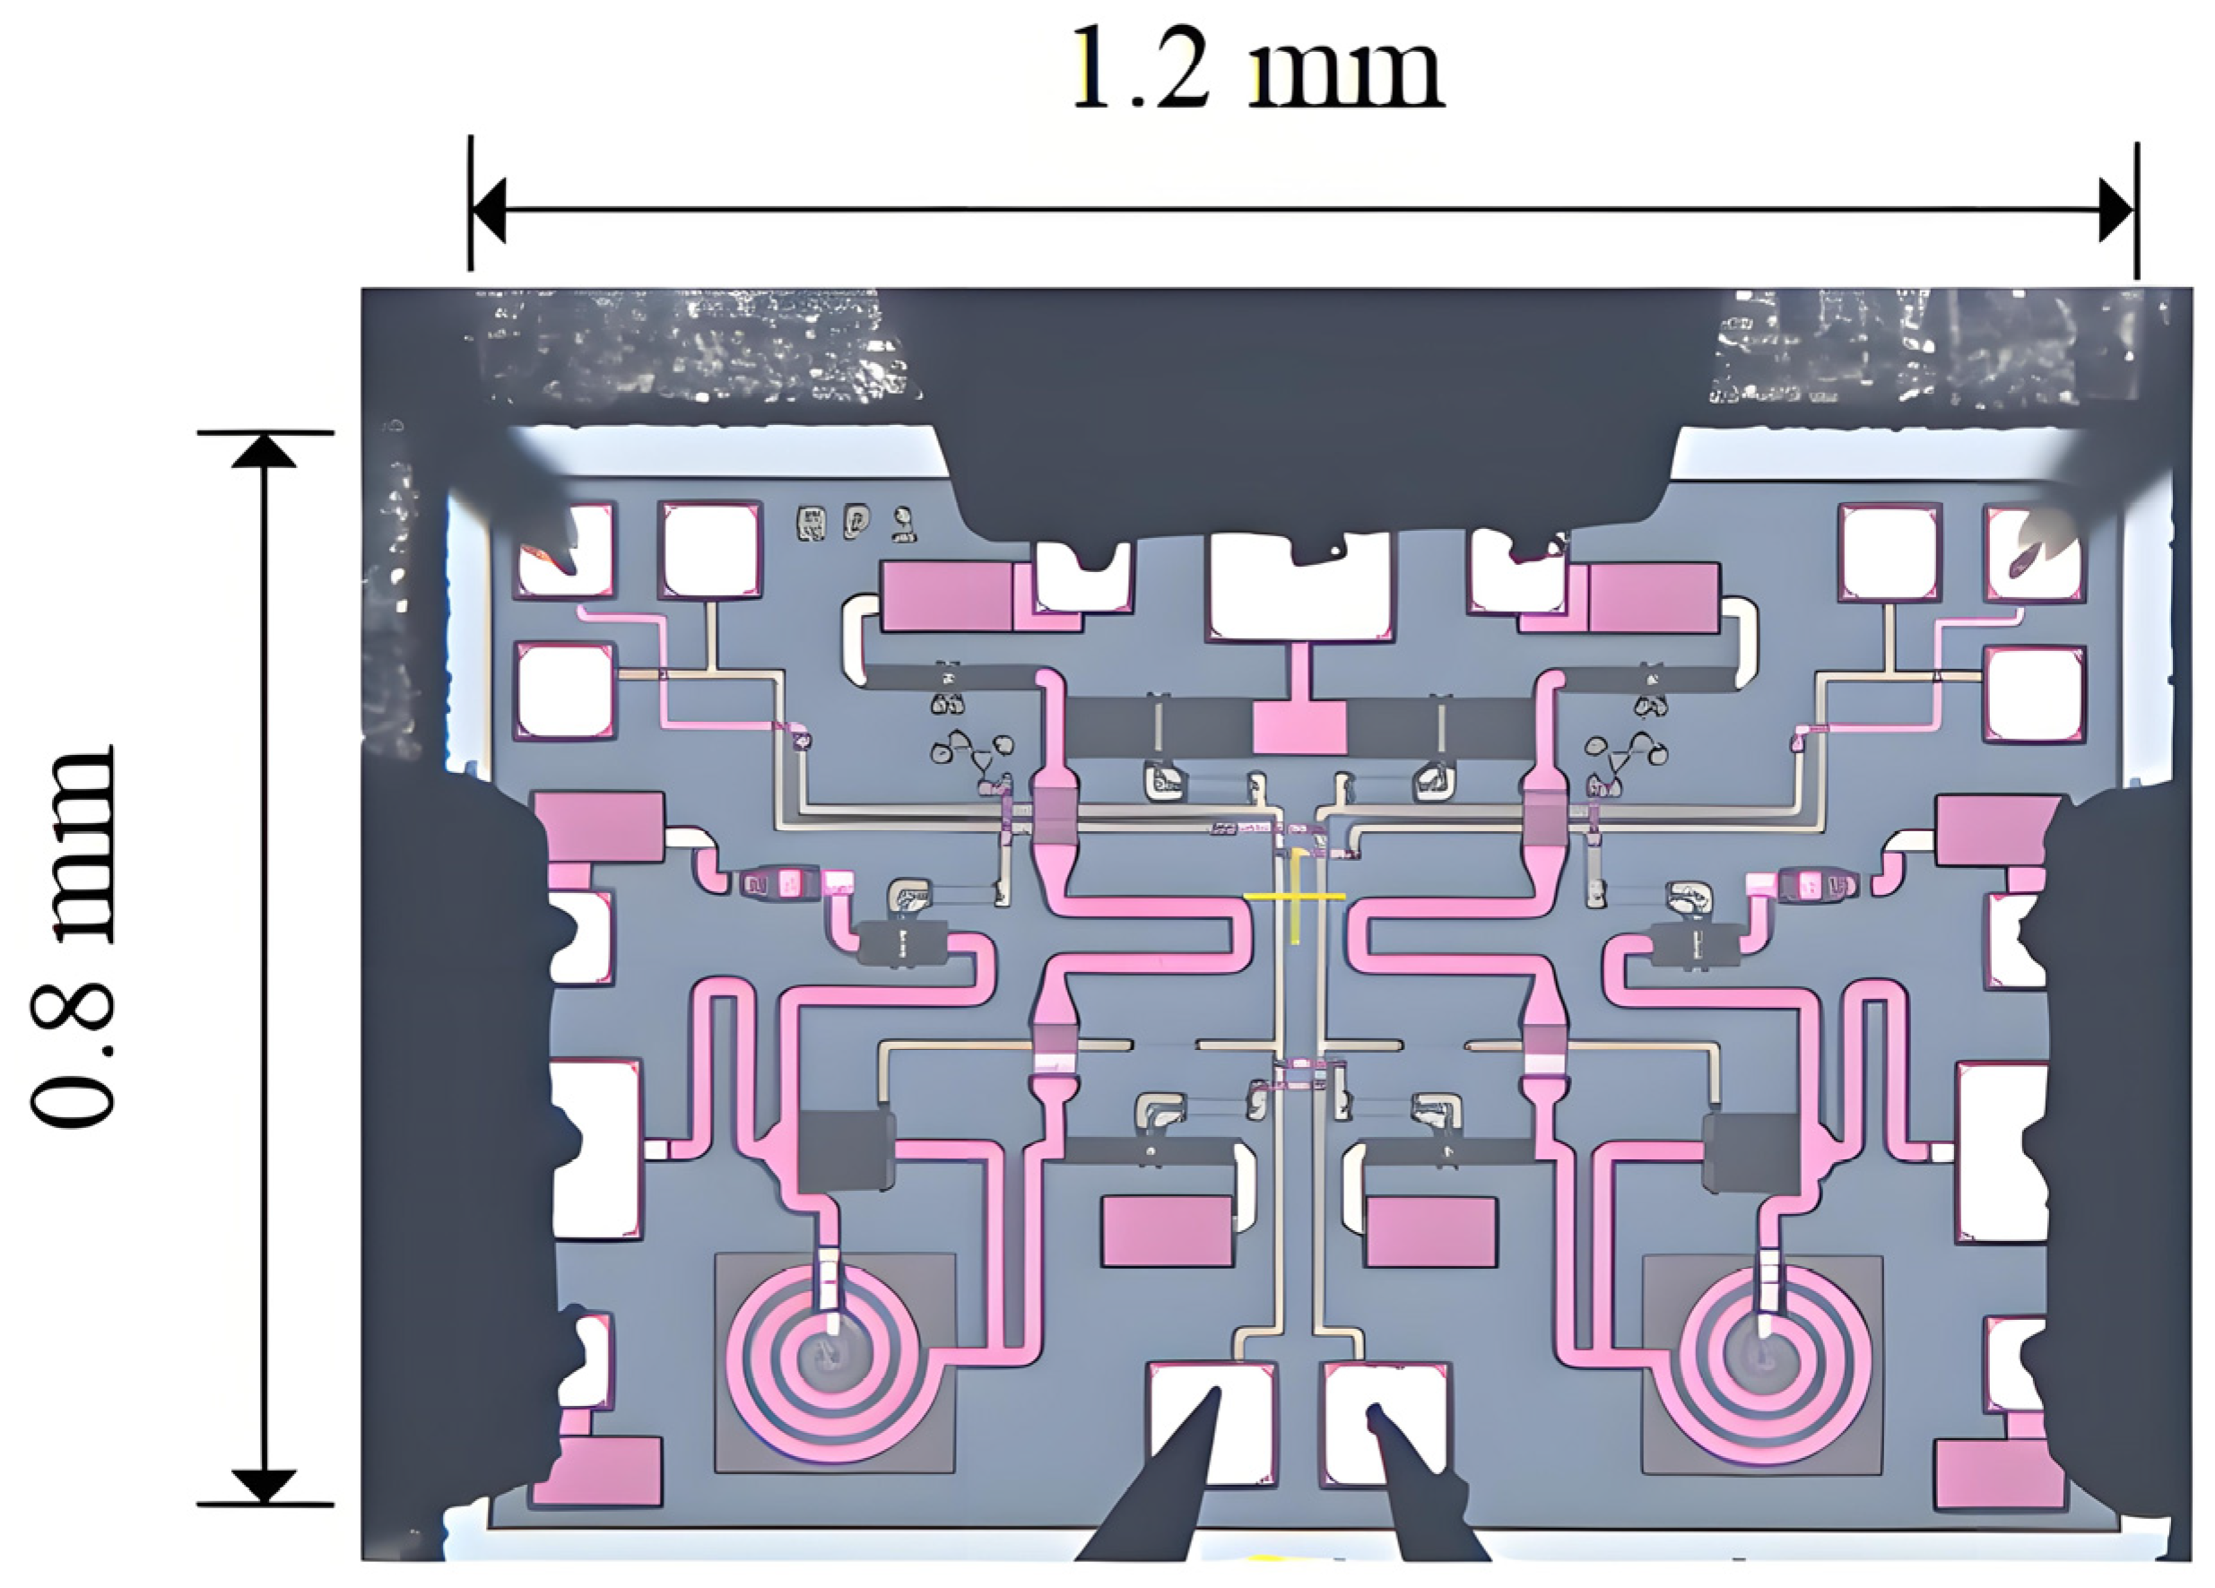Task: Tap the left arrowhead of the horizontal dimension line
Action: pos(489,210)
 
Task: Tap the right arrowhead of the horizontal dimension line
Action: pos(2116,210)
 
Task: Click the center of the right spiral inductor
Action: pos(1764,1357)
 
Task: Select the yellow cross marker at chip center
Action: pos(1295,896)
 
